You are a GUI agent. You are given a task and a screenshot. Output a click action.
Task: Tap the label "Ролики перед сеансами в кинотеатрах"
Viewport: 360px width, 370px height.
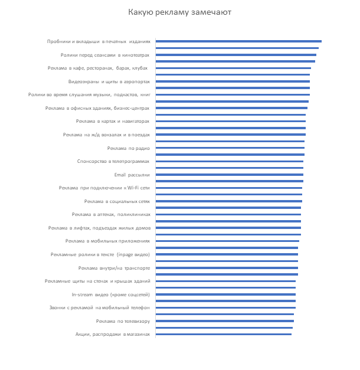pos(106,55)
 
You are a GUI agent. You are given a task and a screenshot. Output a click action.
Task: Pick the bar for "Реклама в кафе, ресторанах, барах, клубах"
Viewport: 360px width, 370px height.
pos(233,68)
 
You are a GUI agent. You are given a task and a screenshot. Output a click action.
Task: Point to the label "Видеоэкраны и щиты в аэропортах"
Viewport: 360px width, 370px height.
pos(109,81)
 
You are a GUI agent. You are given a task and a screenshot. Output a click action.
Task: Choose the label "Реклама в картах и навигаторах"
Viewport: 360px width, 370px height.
pos(113,122)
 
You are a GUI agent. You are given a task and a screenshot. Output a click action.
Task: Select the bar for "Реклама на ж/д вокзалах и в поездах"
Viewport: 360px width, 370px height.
pos(230,135)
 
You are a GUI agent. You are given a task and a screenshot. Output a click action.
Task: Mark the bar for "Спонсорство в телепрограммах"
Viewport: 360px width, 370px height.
pos(229,161)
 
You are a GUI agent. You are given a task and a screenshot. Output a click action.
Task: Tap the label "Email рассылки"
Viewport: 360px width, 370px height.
pos(132,175)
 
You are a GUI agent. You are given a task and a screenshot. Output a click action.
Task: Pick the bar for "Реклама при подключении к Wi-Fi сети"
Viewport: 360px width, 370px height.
pos(228,188)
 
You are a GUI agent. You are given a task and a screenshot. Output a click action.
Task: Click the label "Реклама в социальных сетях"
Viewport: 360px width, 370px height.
pos(117,201)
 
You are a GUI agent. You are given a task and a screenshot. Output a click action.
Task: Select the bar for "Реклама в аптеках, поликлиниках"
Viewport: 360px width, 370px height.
pos(228,215)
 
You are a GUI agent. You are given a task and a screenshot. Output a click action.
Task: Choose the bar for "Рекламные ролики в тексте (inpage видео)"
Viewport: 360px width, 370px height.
pos(227,254)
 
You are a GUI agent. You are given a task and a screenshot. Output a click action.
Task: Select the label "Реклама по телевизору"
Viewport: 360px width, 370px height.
pos(123,321)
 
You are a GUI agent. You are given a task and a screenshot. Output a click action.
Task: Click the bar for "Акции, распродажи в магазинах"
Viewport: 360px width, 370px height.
pos(224,334)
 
